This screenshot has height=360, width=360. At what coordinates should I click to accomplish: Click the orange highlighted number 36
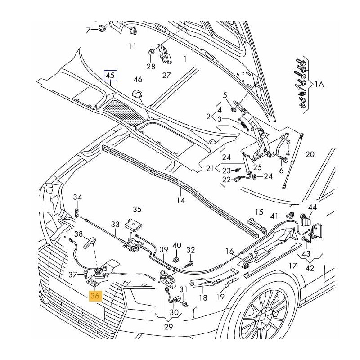pos(95,296)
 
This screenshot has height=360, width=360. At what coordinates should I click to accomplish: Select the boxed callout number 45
pos(110,76)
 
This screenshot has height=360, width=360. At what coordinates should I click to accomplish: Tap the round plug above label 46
pos(137,93)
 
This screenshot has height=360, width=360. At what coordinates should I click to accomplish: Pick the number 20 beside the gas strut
pos(310,154)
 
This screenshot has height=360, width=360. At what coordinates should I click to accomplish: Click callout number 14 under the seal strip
pos(180,200)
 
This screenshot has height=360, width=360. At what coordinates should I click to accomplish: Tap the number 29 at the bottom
pos(168,327)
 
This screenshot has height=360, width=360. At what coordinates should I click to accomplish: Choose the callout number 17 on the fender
pos(292,265)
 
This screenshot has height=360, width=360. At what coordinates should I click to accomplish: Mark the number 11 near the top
pos(132,46)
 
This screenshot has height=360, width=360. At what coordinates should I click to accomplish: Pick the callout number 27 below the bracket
pos(166,75)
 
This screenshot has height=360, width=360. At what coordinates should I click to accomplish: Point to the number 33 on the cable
pos(116,224)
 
